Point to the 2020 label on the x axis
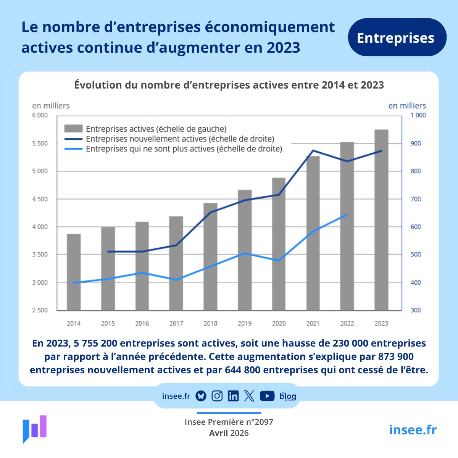pyautogui.click(x=279, y=323)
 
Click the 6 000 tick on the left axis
pyautogui.click(x=40, y=115)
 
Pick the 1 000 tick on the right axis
pyautogui.click(x=418, y=115)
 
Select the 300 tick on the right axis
pyautogui.click(x=416, y=310)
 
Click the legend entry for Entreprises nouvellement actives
pyautogui.click(x=180, y=139)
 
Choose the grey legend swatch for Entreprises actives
pyautogui.click(x=73, y=129)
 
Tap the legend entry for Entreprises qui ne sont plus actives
pyautogui.click(x=184, y=149)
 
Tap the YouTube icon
pyautogui.click(x=267, y=396)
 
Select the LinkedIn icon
pyautogui.click(x=233, y=396)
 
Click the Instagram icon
pyautogui.click(x=217, y=396)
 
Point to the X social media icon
pyautogui.click(x=249, y=396)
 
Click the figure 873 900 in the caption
pyautogui.click(x=396, y=356)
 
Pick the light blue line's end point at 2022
pyautogui.click(x=347, y=215)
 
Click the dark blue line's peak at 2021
pyautogui.click(x=313, y=150)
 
